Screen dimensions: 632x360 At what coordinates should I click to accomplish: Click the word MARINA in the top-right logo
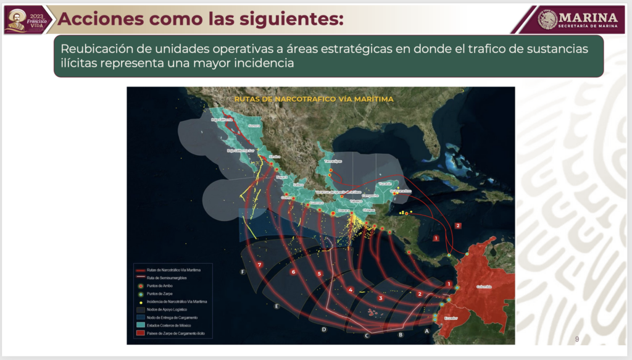(588, 17)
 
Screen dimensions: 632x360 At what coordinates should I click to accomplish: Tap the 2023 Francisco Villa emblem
(25, 19)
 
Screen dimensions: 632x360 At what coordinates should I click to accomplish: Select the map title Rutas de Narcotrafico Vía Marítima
(314, 98)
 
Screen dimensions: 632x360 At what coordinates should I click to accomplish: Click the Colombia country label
(484, 287)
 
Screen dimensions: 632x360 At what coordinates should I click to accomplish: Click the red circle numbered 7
(260, 265)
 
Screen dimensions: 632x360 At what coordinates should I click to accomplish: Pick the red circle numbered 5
(319, 274)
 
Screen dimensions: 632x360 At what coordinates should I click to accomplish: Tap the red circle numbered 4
(350, 290)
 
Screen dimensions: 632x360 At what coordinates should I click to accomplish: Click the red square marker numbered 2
(457, 225)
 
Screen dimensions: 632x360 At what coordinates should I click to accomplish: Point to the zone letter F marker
(243, 272)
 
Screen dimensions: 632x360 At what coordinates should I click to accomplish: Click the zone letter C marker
(367, 336)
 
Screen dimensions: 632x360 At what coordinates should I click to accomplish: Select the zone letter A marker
(426, 330)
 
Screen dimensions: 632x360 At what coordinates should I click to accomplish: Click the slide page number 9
(576, 339)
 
